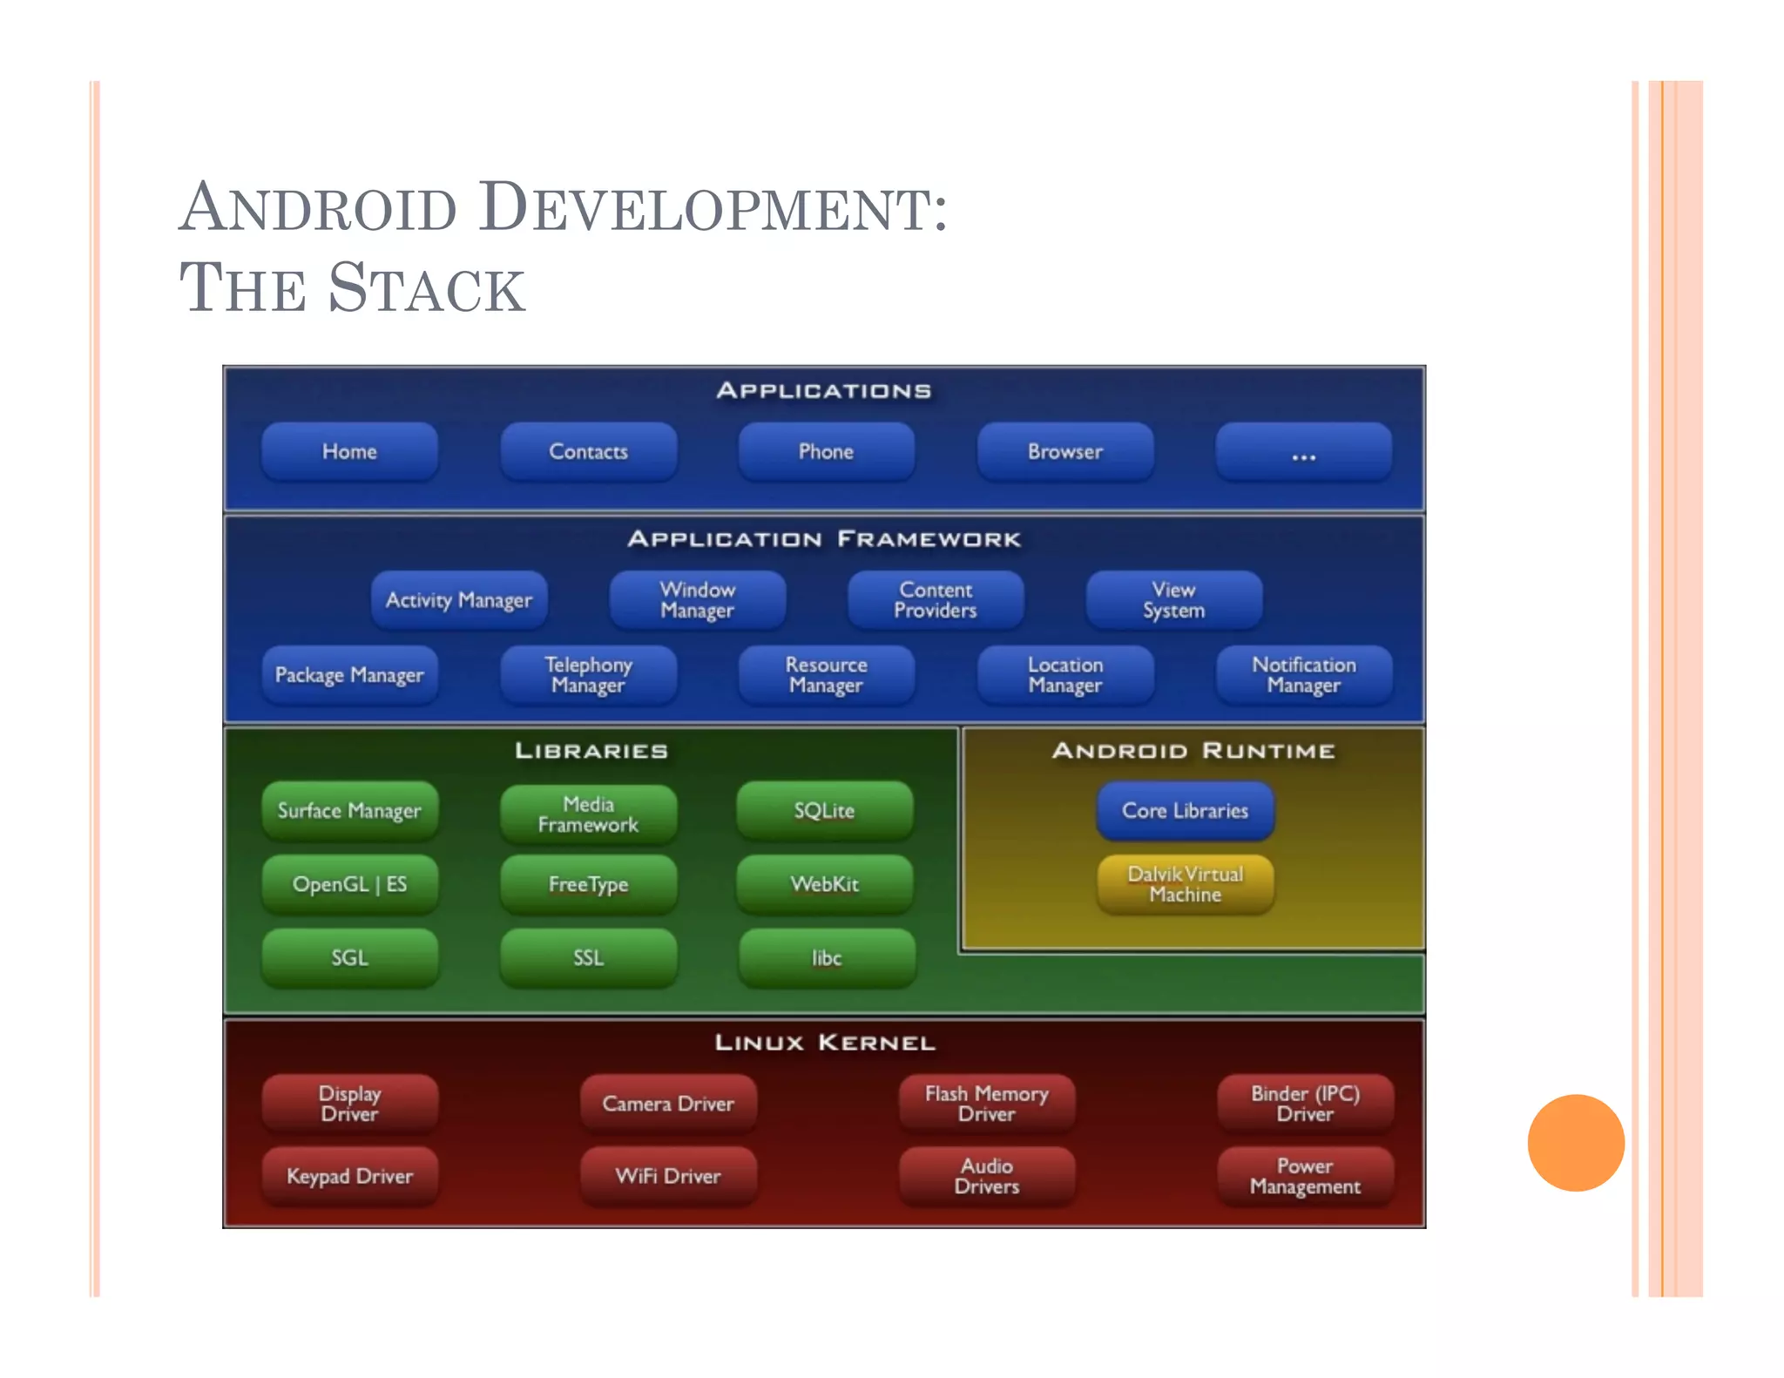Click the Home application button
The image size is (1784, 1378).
point(349,451)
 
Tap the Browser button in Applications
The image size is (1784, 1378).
point(1064,451)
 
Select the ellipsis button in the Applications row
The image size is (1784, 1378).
point(1303,452)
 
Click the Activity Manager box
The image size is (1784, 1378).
point(459,600)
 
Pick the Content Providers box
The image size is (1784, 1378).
point(936,600)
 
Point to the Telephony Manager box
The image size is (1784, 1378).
point(588,675)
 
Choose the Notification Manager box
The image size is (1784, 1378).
point(1303,675)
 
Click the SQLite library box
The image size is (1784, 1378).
point(824,810)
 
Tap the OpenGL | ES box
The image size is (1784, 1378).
point(349,884)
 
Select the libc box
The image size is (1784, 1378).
point(827,958)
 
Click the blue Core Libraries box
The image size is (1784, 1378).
point(1185,810)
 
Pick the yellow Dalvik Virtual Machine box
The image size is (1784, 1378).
point(1185,884)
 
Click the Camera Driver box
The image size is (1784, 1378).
point(668,1104)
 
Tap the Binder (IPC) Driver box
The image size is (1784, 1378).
point(1305,1104)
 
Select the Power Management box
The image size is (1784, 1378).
point(1305,1176)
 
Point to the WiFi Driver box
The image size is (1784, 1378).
point(668,1176)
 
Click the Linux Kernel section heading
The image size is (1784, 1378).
point(824,1043)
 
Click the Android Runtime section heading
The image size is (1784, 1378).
point(1193,751)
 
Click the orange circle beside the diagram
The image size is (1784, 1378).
point(1575,1142)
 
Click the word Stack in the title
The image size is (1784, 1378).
point(427,288)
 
